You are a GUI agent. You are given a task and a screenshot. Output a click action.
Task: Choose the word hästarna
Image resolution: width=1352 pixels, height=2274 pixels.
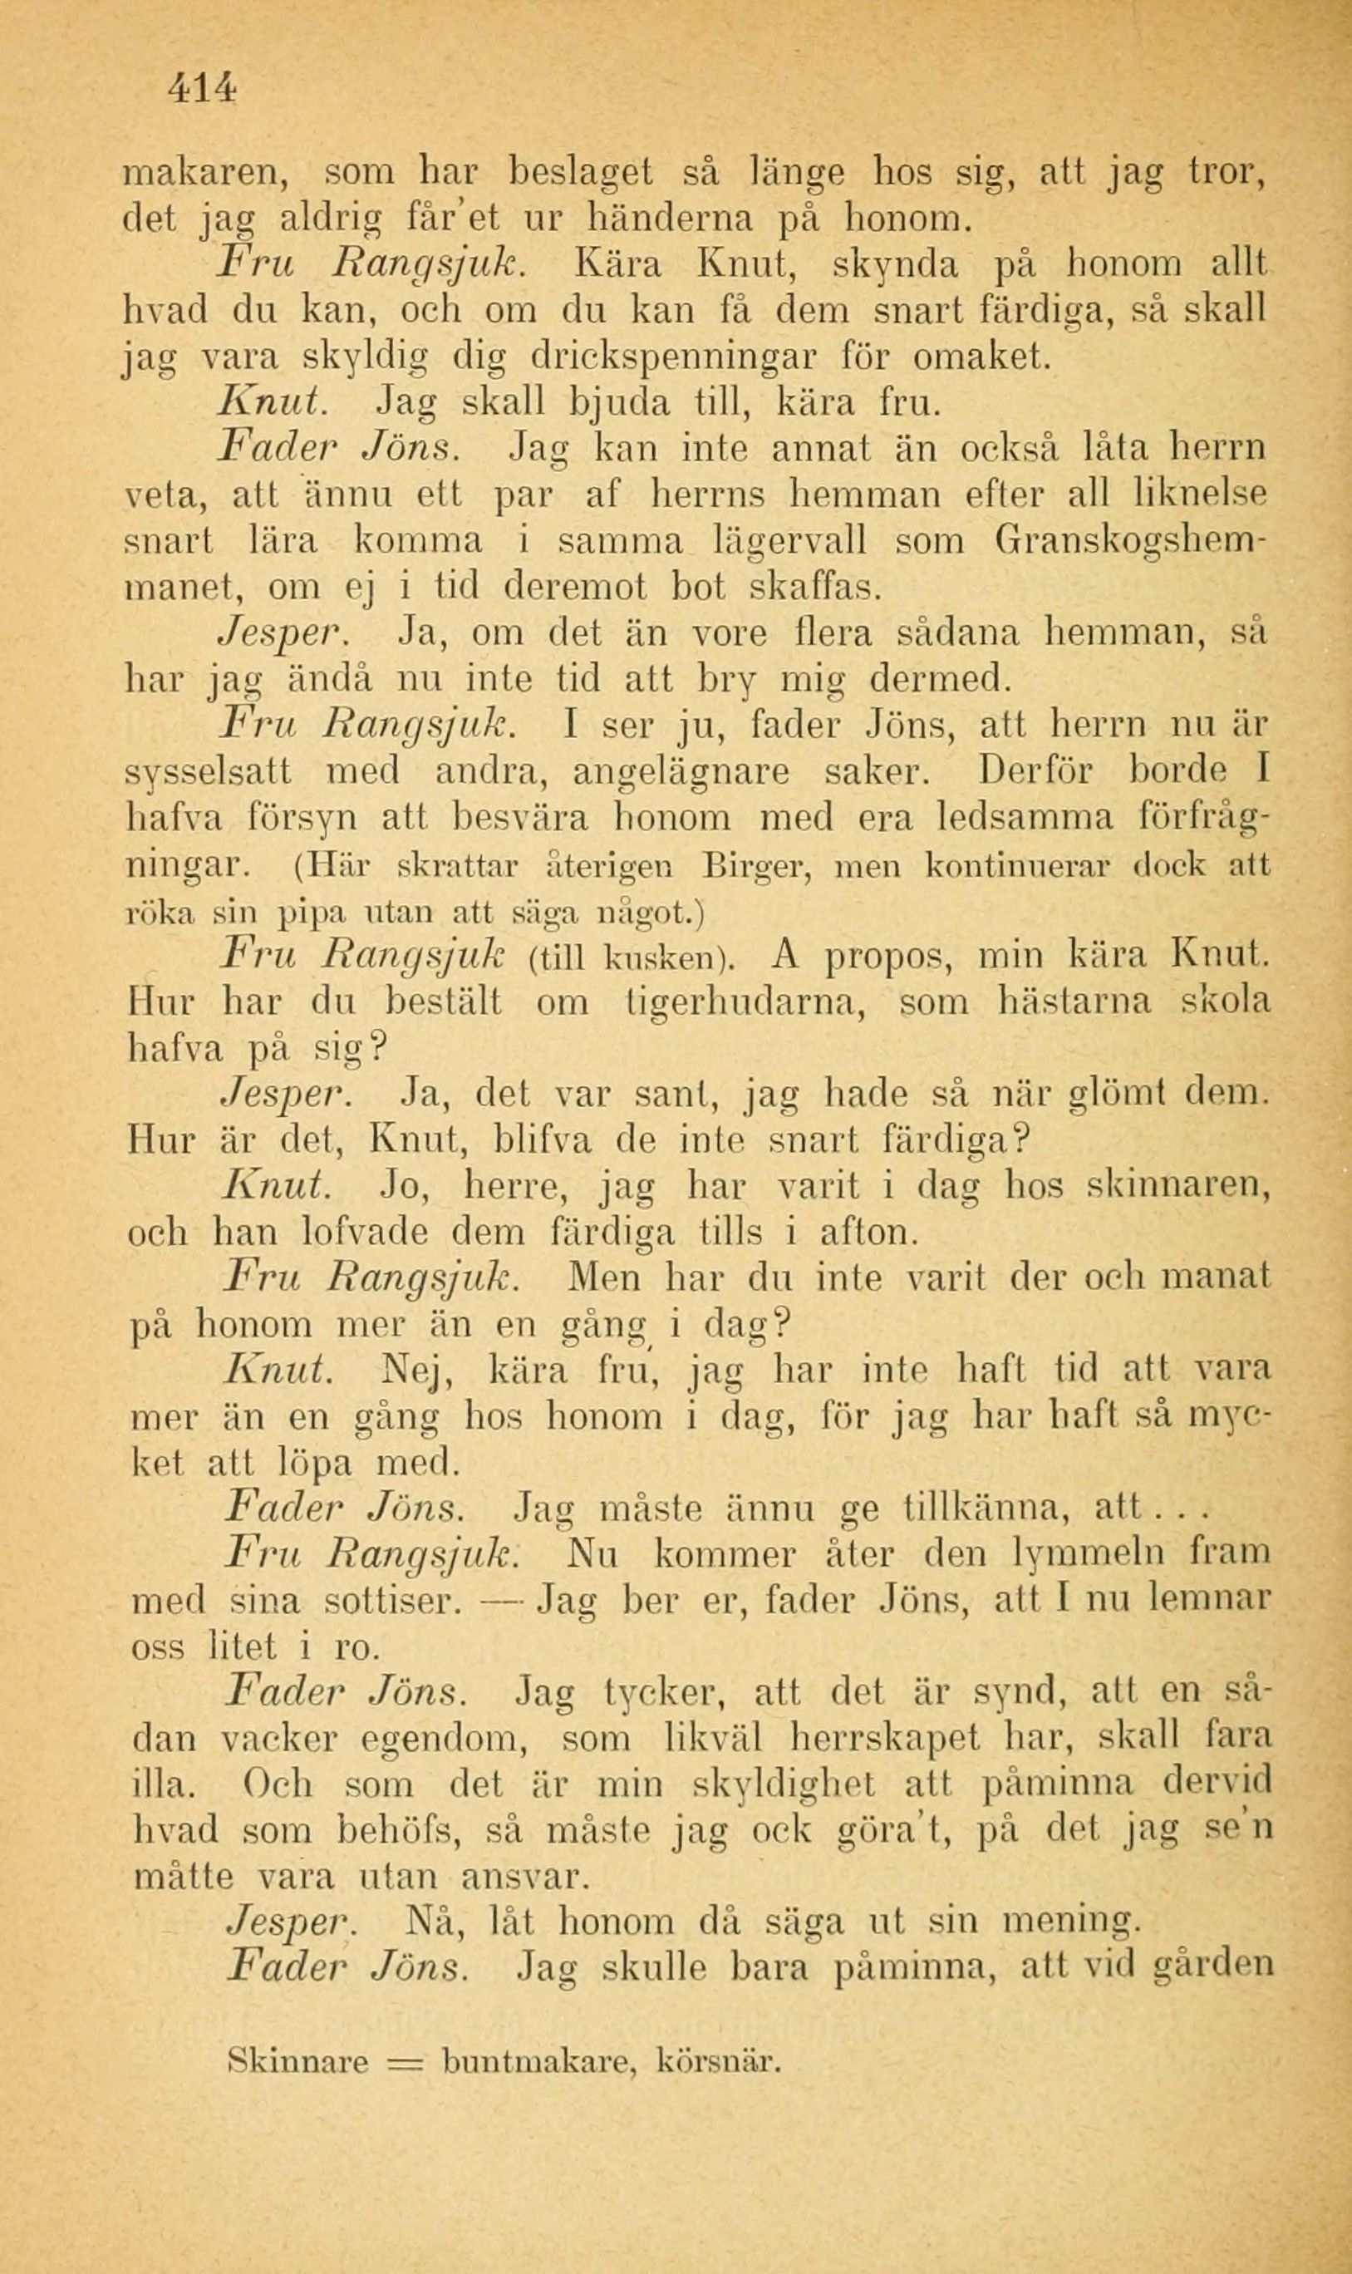1074,1002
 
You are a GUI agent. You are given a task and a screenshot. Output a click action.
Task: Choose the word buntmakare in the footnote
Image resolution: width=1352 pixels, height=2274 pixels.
537,2030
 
